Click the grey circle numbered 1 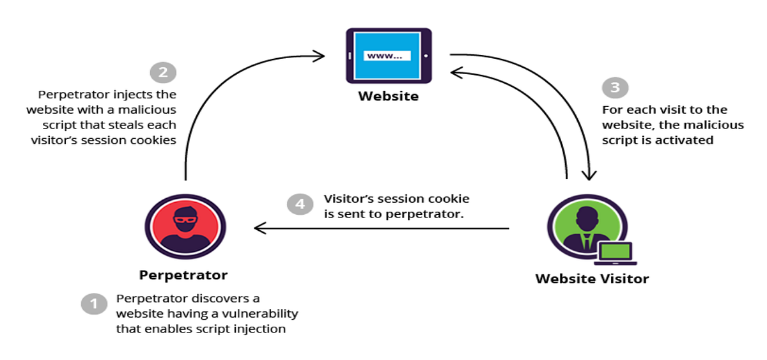pyautogui.click(x=94, y=304)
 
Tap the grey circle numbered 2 pyautogui.click(x=163, y=72)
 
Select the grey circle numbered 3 pyautogui.click(x=616, y=88)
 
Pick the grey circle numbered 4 pyautogui.click(x=300, y=205)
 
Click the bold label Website pyautogui.click(x=388, y=97)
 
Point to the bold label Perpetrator pyautogui.click(x=183, y=276)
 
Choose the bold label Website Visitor pyautogui.click(x=592, y=279)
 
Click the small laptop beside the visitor pyautogui.click(x=615, y=254)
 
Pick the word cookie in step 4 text pyautogui.click(x=451, y=199)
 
